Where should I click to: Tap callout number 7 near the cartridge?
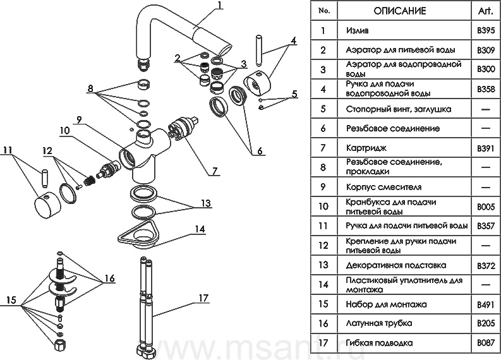pyautogui.click(x=215, y=171)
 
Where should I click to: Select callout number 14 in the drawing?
pyautogui.click(x=200, y=230)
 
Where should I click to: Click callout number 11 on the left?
pyautogui.click(x=7, y=150)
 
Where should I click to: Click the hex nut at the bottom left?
pyautogui.click(x=59, y=345)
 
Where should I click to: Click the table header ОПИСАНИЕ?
pyautogui.click(x=400, y=11)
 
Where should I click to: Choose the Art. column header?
pyautogui.click(x=485, y=11)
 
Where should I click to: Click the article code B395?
pyautogui.click(x=485, y=30)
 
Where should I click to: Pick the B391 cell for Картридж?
pyautogui.click(x=485, y=147)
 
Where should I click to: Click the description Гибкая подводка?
pyautogui.click(x=379, y=343)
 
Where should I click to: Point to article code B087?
pyautogui.click(x=485, y=343)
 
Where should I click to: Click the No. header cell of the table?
pyautogui.click(x=324, y=11)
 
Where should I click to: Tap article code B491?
pyautogui.click(x=485, y=304)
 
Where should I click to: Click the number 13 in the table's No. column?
pyautogui.click(x=324, y=265)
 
